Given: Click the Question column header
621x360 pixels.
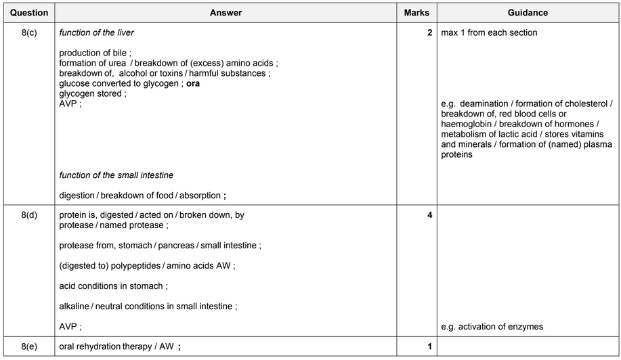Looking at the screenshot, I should pos(29,13).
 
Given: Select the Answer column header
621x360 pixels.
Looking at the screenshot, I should pos(226,13).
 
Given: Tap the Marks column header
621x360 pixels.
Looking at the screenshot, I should pos(416,13).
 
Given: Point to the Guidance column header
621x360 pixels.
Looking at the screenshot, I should pos(528,13).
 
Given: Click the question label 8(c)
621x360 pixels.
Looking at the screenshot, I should pos(29,32).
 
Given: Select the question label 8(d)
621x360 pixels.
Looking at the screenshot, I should pos(29,215).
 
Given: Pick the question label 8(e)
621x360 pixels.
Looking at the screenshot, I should pos(29,347).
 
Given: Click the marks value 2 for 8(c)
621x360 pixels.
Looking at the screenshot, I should pos(429,32).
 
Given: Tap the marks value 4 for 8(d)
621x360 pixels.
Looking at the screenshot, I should pos(429,215).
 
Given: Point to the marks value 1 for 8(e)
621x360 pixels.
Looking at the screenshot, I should pos(429,347).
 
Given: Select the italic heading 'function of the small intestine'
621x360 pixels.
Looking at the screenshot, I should pos(116,175).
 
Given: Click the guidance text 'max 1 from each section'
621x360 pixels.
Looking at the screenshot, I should pos(489,32).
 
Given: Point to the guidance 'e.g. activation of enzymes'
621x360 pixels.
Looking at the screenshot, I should pos(492,327).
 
